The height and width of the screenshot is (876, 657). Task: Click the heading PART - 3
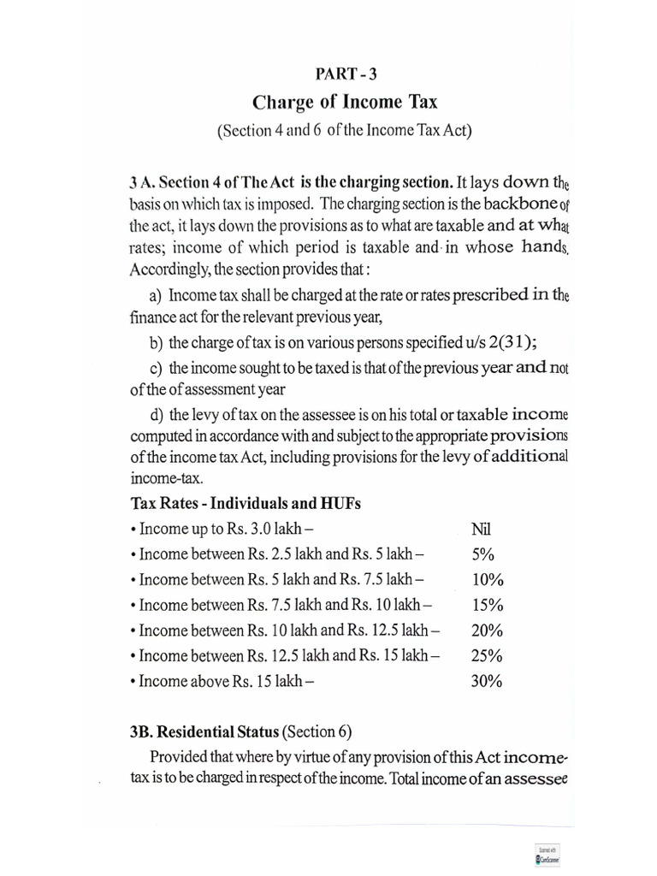pyautogui.click(x=345, y=73)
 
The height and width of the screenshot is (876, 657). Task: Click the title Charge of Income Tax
pyautogui.click(x=345, y=103)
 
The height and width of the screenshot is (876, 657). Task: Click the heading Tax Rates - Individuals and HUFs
pyautogui.click(x=245, y=503)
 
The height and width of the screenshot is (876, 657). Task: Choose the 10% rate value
pyautogui.click(x=488, y=580)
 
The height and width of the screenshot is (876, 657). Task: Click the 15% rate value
pyautogui.click(x=488, y=606)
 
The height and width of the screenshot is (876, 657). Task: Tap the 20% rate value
pyautogui.click(x=488, y=631)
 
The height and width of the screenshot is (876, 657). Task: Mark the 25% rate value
pyautogui.click(x=488, y=657)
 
